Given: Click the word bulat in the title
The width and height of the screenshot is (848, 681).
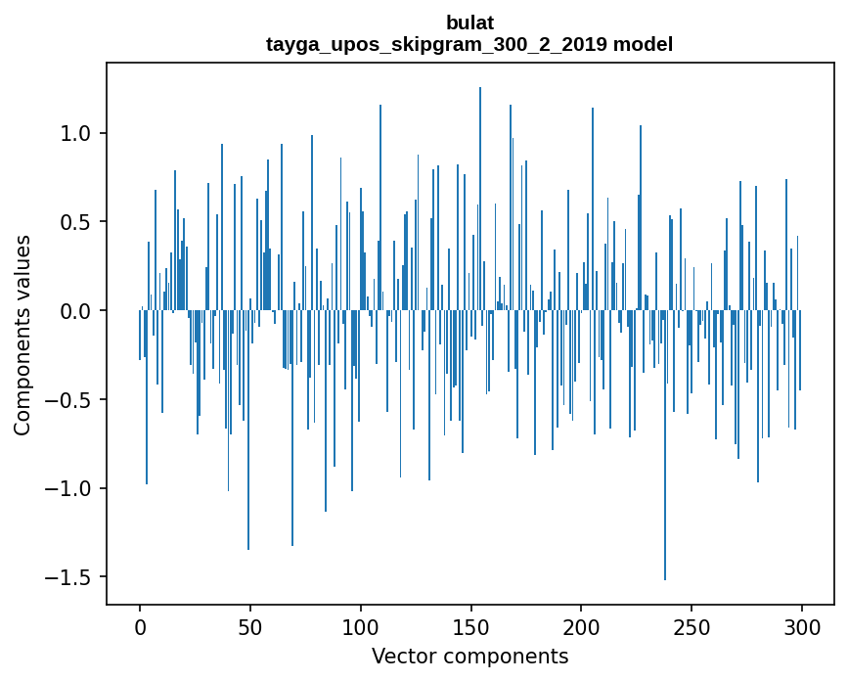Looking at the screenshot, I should pyautogui.click(x=469, y=23).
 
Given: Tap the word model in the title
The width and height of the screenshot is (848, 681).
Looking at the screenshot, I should pyautogui.click(x=638, y=44).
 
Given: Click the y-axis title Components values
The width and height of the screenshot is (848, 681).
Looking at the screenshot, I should pyautogui.click(x=22, y=335).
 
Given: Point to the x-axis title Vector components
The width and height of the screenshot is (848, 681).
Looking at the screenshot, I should pyautogui.click(x=469, y=656).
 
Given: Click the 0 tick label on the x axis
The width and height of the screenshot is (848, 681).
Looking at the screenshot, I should pyautogui.click(x=140, y=626).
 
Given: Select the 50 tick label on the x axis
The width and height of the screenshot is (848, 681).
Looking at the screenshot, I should pyautogui.click(x=250, y=626).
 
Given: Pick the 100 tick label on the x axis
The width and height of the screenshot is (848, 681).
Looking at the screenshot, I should pyautogui.click(x=361, y=626).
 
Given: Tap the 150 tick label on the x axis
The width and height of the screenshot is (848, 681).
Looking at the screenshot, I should pyautogui.click(x=470, y=626).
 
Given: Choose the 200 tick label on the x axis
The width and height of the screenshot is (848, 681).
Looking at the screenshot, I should pyautogui.click(x=581, y=626).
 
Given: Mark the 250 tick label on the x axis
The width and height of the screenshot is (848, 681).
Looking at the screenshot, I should pyautogui.click(x=692, y=626).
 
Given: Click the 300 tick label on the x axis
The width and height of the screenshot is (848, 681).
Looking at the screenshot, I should pyautogui.click(x=802, y=626).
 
